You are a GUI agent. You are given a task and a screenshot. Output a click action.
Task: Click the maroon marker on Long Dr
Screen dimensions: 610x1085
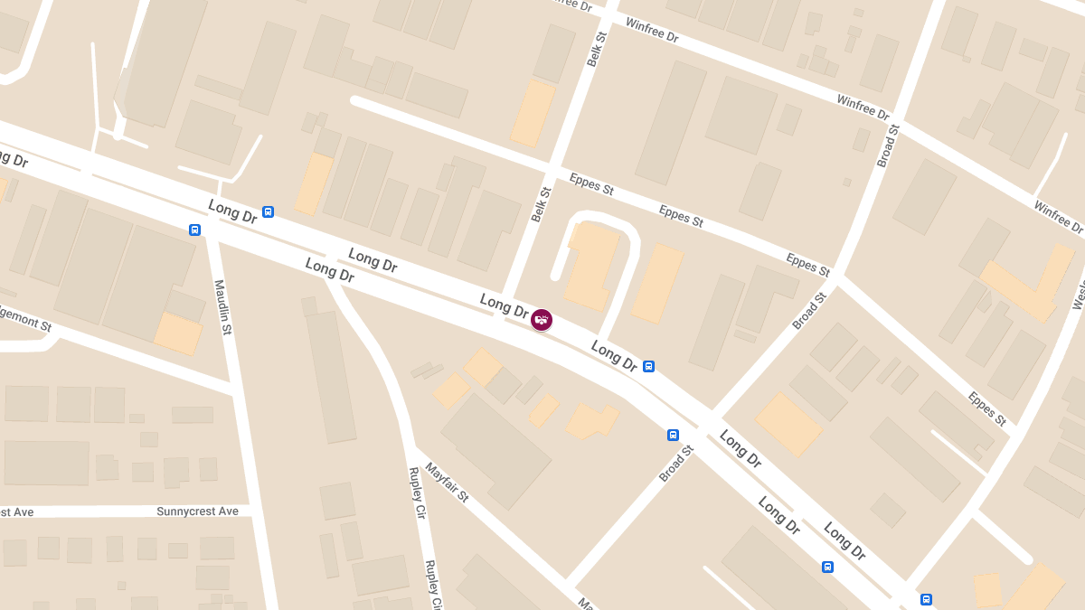click(x=542, y=320)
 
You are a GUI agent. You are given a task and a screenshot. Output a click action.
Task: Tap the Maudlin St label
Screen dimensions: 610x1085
click(x=222, y=307)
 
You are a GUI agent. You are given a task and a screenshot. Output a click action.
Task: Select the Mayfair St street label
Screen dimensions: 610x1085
click(x=447, y=483)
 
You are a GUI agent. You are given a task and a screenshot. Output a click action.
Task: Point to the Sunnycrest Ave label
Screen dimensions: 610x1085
click(x=197, y=511)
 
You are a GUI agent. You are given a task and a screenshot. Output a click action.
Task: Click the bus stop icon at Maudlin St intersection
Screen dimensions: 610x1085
click(x=194, y=230)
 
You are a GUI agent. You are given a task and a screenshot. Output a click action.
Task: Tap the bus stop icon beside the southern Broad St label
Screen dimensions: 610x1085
click(x=673, y=435)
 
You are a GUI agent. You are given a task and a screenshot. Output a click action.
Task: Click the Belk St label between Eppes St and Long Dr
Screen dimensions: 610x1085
click(x=541, y=204)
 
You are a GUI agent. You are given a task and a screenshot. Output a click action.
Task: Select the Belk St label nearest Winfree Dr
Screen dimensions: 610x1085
click(x=596, y=46)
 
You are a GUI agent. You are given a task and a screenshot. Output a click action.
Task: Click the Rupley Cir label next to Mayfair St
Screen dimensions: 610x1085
click(x=418, y=493)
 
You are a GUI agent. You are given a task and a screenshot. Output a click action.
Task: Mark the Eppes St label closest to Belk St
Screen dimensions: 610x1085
click(x=591, y=184)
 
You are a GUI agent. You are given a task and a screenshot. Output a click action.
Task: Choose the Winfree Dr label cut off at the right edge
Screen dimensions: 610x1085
click(x=1058, y=218)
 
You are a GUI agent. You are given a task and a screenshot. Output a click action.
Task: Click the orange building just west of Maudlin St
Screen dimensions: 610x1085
click(x=178, y=333)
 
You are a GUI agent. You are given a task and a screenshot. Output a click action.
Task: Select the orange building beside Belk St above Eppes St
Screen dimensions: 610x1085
click(x=533, y=113)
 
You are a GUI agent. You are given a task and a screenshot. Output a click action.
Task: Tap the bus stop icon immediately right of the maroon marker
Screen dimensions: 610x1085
click(x=648, y=366)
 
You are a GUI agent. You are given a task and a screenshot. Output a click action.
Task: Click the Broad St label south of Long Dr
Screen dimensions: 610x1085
click(x=675, y=464)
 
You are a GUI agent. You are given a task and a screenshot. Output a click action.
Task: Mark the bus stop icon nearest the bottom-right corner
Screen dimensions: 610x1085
click(x=926, y=599)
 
